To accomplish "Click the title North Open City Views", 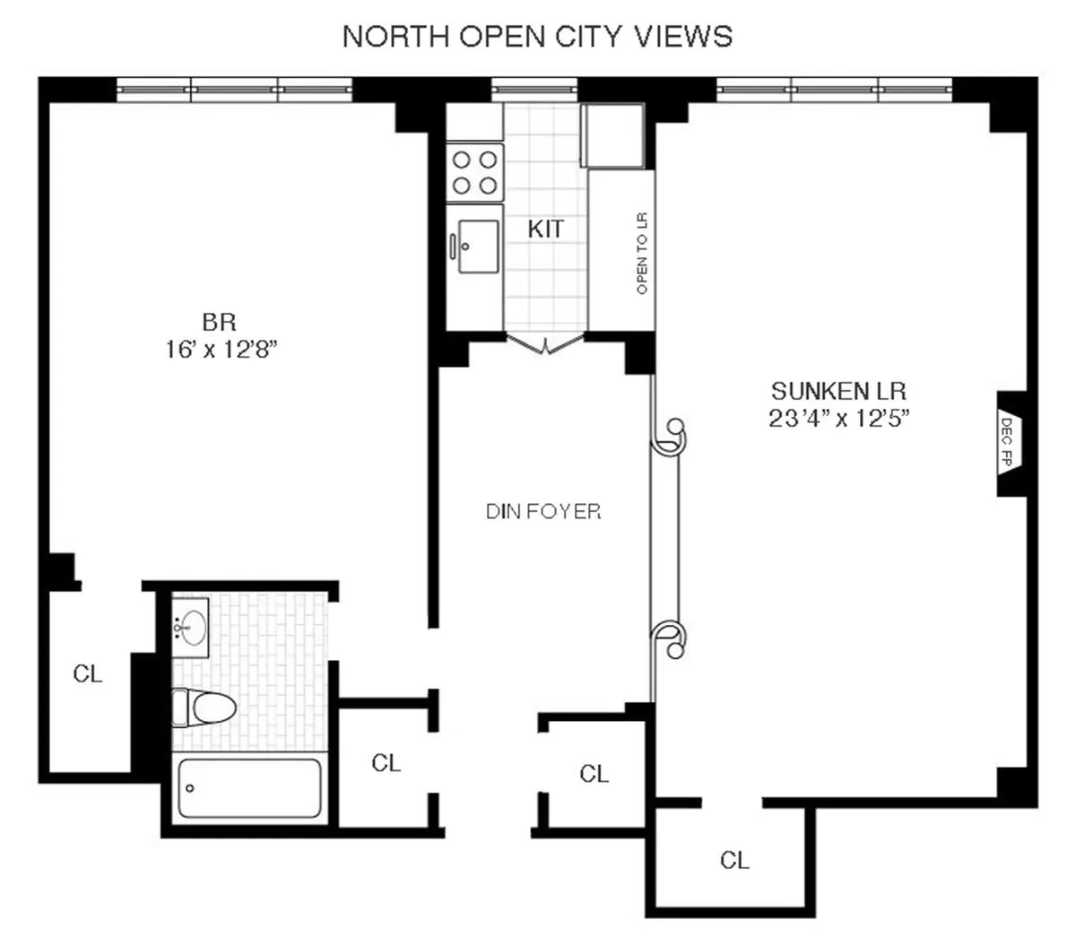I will [x=538, y=37].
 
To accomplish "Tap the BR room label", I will [x=219, y=321].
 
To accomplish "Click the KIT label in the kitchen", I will [x=545, y=230].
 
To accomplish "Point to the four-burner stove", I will [x=474, y=172].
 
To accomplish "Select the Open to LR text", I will [x=641, y=254].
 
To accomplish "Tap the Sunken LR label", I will [x=839, y=391].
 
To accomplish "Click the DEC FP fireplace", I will [x=1008, y=443].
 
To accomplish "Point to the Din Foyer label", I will [x=543, y=512].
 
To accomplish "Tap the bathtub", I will [x=249, y=788].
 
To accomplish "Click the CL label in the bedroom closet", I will [x=88, y=673].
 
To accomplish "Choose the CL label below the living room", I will [x=734, y=861].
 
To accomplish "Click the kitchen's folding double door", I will [x=545, y=343].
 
